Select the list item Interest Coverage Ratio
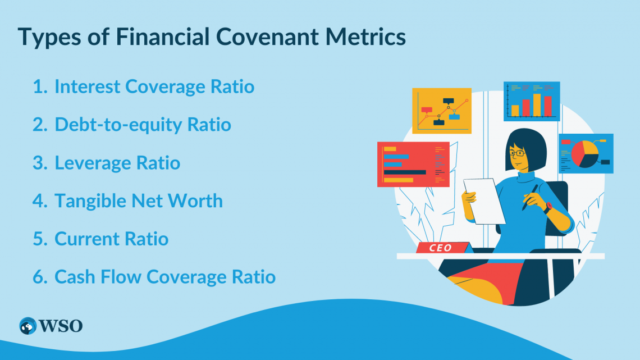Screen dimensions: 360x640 pyautogui.click(x=154, y=86)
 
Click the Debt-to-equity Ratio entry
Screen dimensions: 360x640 pyautogui.click(x=143, y=124)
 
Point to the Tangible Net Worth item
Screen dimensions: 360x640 pyautogui.click(x=138, y=200)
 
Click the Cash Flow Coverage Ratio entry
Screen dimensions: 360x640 pyautogui.click(x=164, y=277)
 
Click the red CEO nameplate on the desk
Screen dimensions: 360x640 pyautogui.click(x=441, y=248)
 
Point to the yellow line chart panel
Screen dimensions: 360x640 pyautogui.click(x=441, y=111)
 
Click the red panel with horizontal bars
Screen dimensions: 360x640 pyautogui.click(x=413, y=164)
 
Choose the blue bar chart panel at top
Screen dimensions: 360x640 pyautogui.click(x=531, y=101)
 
